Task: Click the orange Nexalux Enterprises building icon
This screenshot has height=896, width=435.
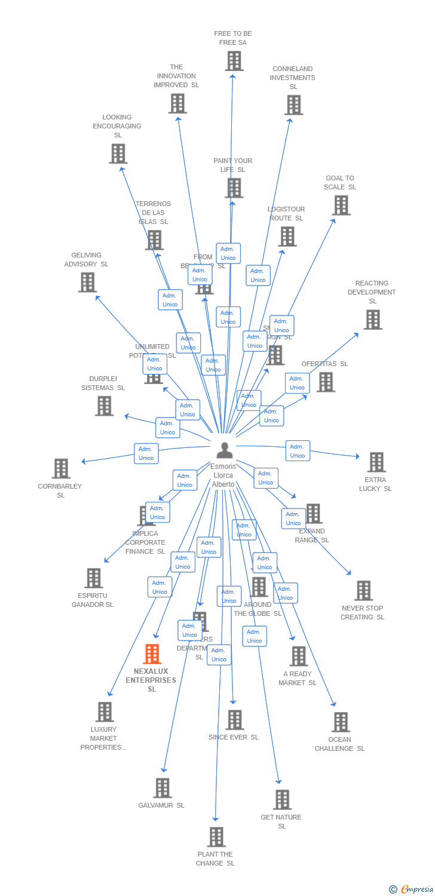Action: pos(152,654)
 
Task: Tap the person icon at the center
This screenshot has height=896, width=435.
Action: pos(225,450)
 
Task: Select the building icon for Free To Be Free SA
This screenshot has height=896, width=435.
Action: pos(234,61)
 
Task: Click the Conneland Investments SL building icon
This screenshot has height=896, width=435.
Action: pos(293,105)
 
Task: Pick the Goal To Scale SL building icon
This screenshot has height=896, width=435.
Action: pos(341,205)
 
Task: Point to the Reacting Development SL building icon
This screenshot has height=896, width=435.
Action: pos(373,320)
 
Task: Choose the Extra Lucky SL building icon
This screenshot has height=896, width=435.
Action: pos(376,462)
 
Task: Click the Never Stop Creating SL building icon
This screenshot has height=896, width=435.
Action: pos(363,590)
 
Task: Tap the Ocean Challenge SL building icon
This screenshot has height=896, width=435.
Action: pos(341,722)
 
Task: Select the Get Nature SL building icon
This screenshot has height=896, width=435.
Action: pos(282,799)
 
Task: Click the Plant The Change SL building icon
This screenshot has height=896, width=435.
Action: pos(216,837)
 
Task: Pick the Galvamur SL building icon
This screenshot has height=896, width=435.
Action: pos(162,788)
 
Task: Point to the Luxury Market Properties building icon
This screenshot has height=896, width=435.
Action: pos(105,711)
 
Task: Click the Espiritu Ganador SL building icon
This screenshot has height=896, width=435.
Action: pos(93,578)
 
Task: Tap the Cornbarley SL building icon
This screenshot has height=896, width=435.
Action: pos(61,468)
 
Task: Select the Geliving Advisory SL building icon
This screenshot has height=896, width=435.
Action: pos(87,282)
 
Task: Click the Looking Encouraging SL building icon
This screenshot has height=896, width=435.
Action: pos(118,154)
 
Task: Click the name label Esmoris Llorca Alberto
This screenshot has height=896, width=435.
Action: pos(223,475)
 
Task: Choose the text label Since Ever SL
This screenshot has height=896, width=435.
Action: pos(234,737)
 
